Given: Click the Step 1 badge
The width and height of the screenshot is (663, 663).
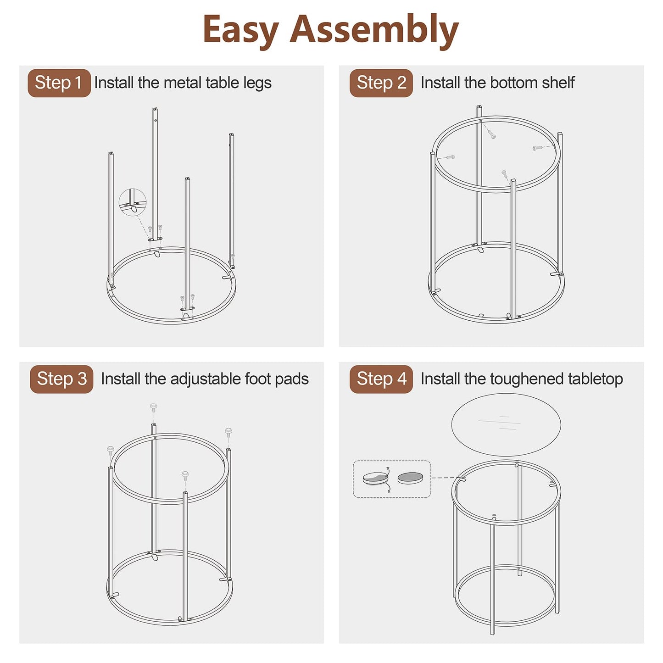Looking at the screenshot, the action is click(x=59, y=83).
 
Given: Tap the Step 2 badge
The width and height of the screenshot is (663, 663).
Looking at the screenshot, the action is click(x=381, y=83).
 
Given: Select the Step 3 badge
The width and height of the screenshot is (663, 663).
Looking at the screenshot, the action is click(x=61, y=379).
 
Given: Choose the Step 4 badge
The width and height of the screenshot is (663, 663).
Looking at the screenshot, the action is click(x=381, y=379).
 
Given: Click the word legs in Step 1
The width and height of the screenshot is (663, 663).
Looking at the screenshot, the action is click(x=257, y=84).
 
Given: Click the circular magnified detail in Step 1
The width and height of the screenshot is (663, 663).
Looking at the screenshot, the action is click(x=133, y=202).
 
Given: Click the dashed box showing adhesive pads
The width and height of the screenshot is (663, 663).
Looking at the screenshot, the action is click(x=392, y=479).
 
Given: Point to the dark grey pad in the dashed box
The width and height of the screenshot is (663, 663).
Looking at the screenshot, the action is click(x=410, y=478).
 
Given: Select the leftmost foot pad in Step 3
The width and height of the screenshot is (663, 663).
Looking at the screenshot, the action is click(x=111, y=451).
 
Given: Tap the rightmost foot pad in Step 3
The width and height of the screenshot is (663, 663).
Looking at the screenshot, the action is click(x=228, y=432).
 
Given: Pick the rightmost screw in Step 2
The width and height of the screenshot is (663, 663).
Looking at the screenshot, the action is click(x=537, y=148).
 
